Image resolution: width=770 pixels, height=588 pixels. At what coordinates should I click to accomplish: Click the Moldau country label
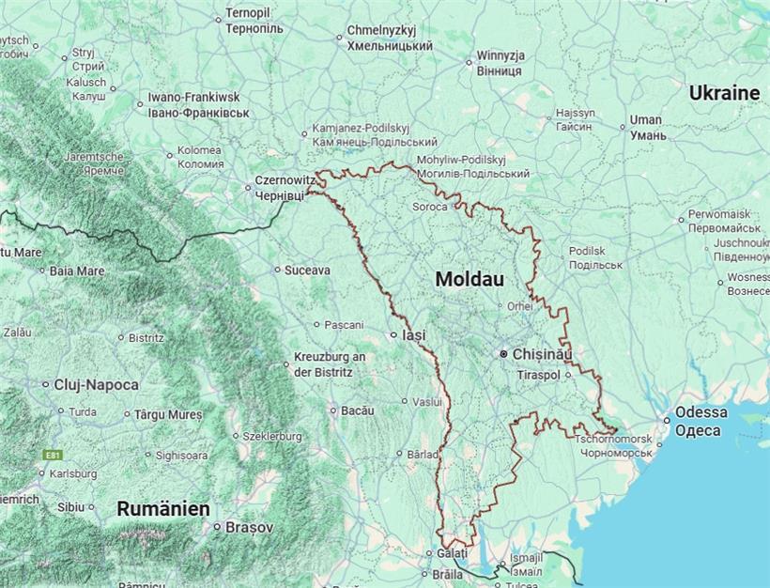tap(470, 280)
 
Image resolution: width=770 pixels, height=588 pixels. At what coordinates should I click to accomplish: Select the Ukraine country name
tap(724, 93)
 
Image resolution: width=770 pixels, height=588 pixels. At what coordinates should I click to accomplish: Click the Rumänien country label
tap(162, 508)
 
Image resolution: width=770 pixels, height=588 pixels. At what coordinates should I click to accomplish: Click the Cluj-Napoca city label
tap(97, 384)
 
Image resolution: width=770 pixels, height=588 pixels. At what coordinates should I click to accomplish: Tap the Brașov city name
tap(249, 528)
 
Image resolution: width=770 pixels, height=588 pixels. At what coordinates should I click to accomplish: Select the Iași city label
tap(413, 334)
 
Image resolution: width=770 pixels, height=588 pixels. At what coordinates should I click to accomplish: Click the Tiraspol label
tap(538, 375)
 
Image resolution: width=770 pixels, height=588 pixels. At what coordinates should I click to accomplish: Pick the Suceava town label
tap(308, 270)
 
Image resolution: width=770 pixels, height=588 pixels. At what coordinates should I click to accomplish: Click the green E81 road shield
tap(53, 456)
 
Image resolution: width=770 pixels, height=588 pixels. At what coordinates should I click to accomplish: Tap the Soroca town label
tap(430, 207)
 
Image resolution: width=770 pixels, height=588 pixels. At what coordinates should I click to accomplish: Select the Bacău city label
tap(357, 410)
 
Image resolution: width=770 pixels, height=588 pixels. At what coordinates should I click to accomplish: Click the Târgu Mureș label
tap(168, 414)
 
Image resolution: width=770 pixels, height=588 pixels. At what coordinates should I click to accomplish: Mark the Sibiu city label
tap(70, 506)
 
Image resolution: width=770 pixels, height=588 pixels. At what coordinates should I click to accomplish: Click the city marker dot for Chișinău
tap(504, 354)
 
